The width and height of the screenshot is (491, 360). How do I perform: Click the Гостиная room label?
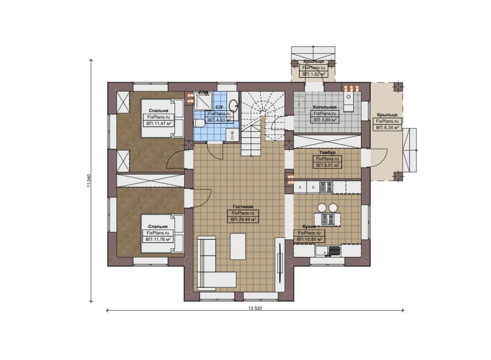click(x=243, y=207)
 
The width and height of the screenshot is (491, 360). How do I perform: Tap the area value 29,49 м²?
click(x=246, y=219)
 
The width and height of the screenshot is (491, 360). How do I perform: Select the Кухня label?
click(x=309, y=227)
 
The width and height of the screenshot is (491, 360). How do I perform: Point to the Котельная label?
click(x=325, y=107)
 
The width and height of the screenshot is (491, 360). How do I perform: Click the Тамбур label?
click(x=327, y=152)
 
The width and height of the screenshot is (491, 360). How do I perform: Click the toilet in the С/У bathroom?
click(x=199, y=123)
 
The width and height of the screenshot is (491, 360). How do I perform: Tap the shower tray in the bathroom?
click(x=203, y=101)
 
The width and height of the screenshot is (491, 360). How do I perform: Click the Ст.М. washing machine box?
click(x=232, y=135)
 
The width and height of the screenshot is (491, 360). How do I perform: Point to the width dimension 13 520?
click(x=255, y=308)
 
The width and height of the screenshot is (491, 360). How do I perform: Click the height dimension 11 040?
click(x=89, y=181)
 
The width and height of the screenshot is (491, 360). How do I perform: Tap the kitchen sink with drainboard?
click(x=328, y=251)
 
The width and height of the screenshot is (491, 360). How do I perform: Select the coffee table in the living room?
click(x=238, y=247)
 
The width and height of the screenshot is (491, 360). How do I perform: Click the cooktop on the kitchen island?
click(x=327, y=220)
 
